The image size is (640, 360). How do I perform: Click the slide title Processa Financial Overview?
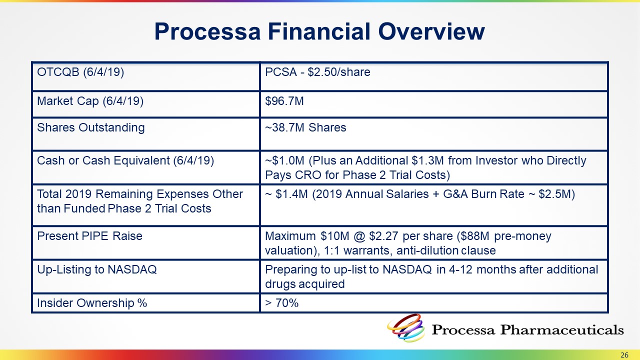coord(319,31)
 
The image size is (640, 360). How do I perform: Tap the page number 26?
coord(624,355)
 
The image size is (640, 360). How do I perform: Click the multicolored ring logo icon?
coord(405,328)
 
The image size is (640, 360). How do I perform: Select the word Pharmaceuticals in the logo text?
coord(562,329)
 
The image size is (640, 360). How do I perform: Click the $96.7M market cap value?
coord(284,101)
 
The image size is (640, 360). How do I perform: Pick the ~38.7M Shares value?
coord(305,127)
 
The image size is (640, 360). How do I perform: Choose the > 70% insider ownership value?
coord(281,303)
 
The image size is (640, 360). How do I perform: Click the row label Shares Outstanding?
coord(91,127)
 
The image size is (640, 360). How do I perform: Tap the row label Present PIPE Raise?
coord(89,236)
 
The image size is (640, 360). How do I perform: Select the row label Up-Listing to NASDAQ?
coord(97,269)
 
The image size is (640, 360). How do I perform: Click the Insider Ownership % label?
coord(92,303)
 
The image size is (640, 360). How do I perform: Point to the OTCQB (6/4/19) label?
coord(80,72)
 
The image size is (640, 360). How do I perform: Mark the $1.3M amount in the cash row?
coord(427,160)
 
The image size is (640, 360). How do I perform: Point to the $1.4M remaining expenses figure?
coord(291,194)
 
